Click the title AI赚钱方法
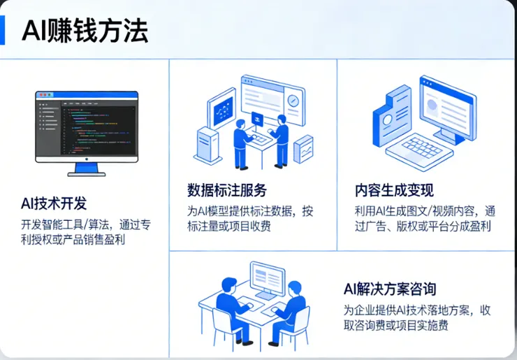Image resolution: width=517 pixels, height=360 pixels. pyautogui.click(x=85, y=31)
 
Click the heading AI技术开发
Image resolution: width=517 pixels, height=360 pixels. pyautogui.click(x=54, y=203)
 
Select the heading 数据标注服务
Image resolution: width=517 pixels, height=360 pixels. pyautogui.click(x=227, y=190)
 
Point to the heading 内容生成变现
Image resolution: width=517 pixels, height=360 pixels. pyautogui.click(x=394, y=190)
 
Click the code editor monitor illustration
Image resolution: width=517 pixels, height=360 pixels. pyautogui.click(x=87, y=126)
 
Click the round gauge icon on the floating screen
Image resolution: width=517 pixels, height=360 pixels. pyautogui.click(x=293, y=101)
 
